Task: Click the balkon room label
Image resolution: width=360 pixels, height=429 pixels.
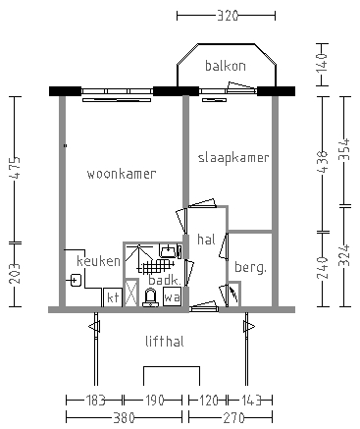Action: click(x=225, y=66)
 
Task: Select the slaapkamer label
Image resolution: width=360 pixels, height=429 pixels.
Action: click(x=233, y=157)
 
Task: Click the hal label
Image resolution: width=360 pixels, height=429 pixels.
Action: click(x=206, y=239)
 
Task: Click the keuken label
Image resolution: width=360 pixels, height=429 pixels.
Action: click(x=99, y=261)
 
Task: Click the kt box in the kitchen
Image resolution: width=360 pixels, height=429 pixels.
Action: click(x=113, y=296)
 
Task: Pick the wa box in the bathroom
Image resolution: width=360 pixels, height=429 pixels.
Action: click(x=172, y=296)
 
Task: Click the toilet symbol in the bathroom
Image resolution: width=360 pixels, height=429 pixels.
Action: click(x=151, y=297)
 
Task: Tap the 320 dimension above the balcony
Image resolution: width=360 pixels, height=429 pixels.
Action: click(x=226, y=16)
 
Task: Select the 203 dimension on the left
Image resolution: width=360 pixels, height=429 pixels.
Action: click(x=14, y=275)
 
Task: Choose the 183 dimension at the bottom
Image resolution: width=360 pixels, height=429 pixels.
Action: click(x=94, y=401)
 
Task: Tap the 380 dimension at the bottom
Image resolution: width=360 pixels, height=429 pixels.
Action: click(x=125, y=416)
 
